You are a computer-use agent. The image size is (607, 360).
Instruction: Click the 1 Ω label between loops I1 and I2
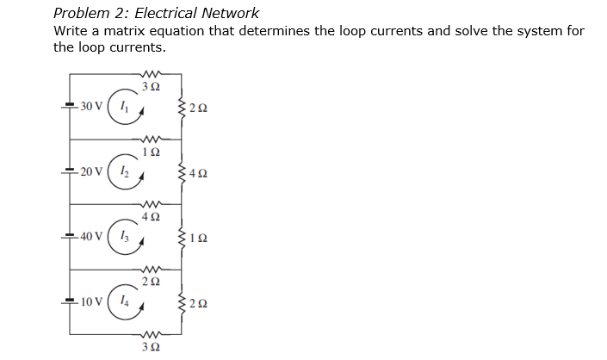151,151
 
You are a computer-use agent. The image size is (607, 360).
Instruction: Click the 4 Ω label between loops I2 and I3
150,215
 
